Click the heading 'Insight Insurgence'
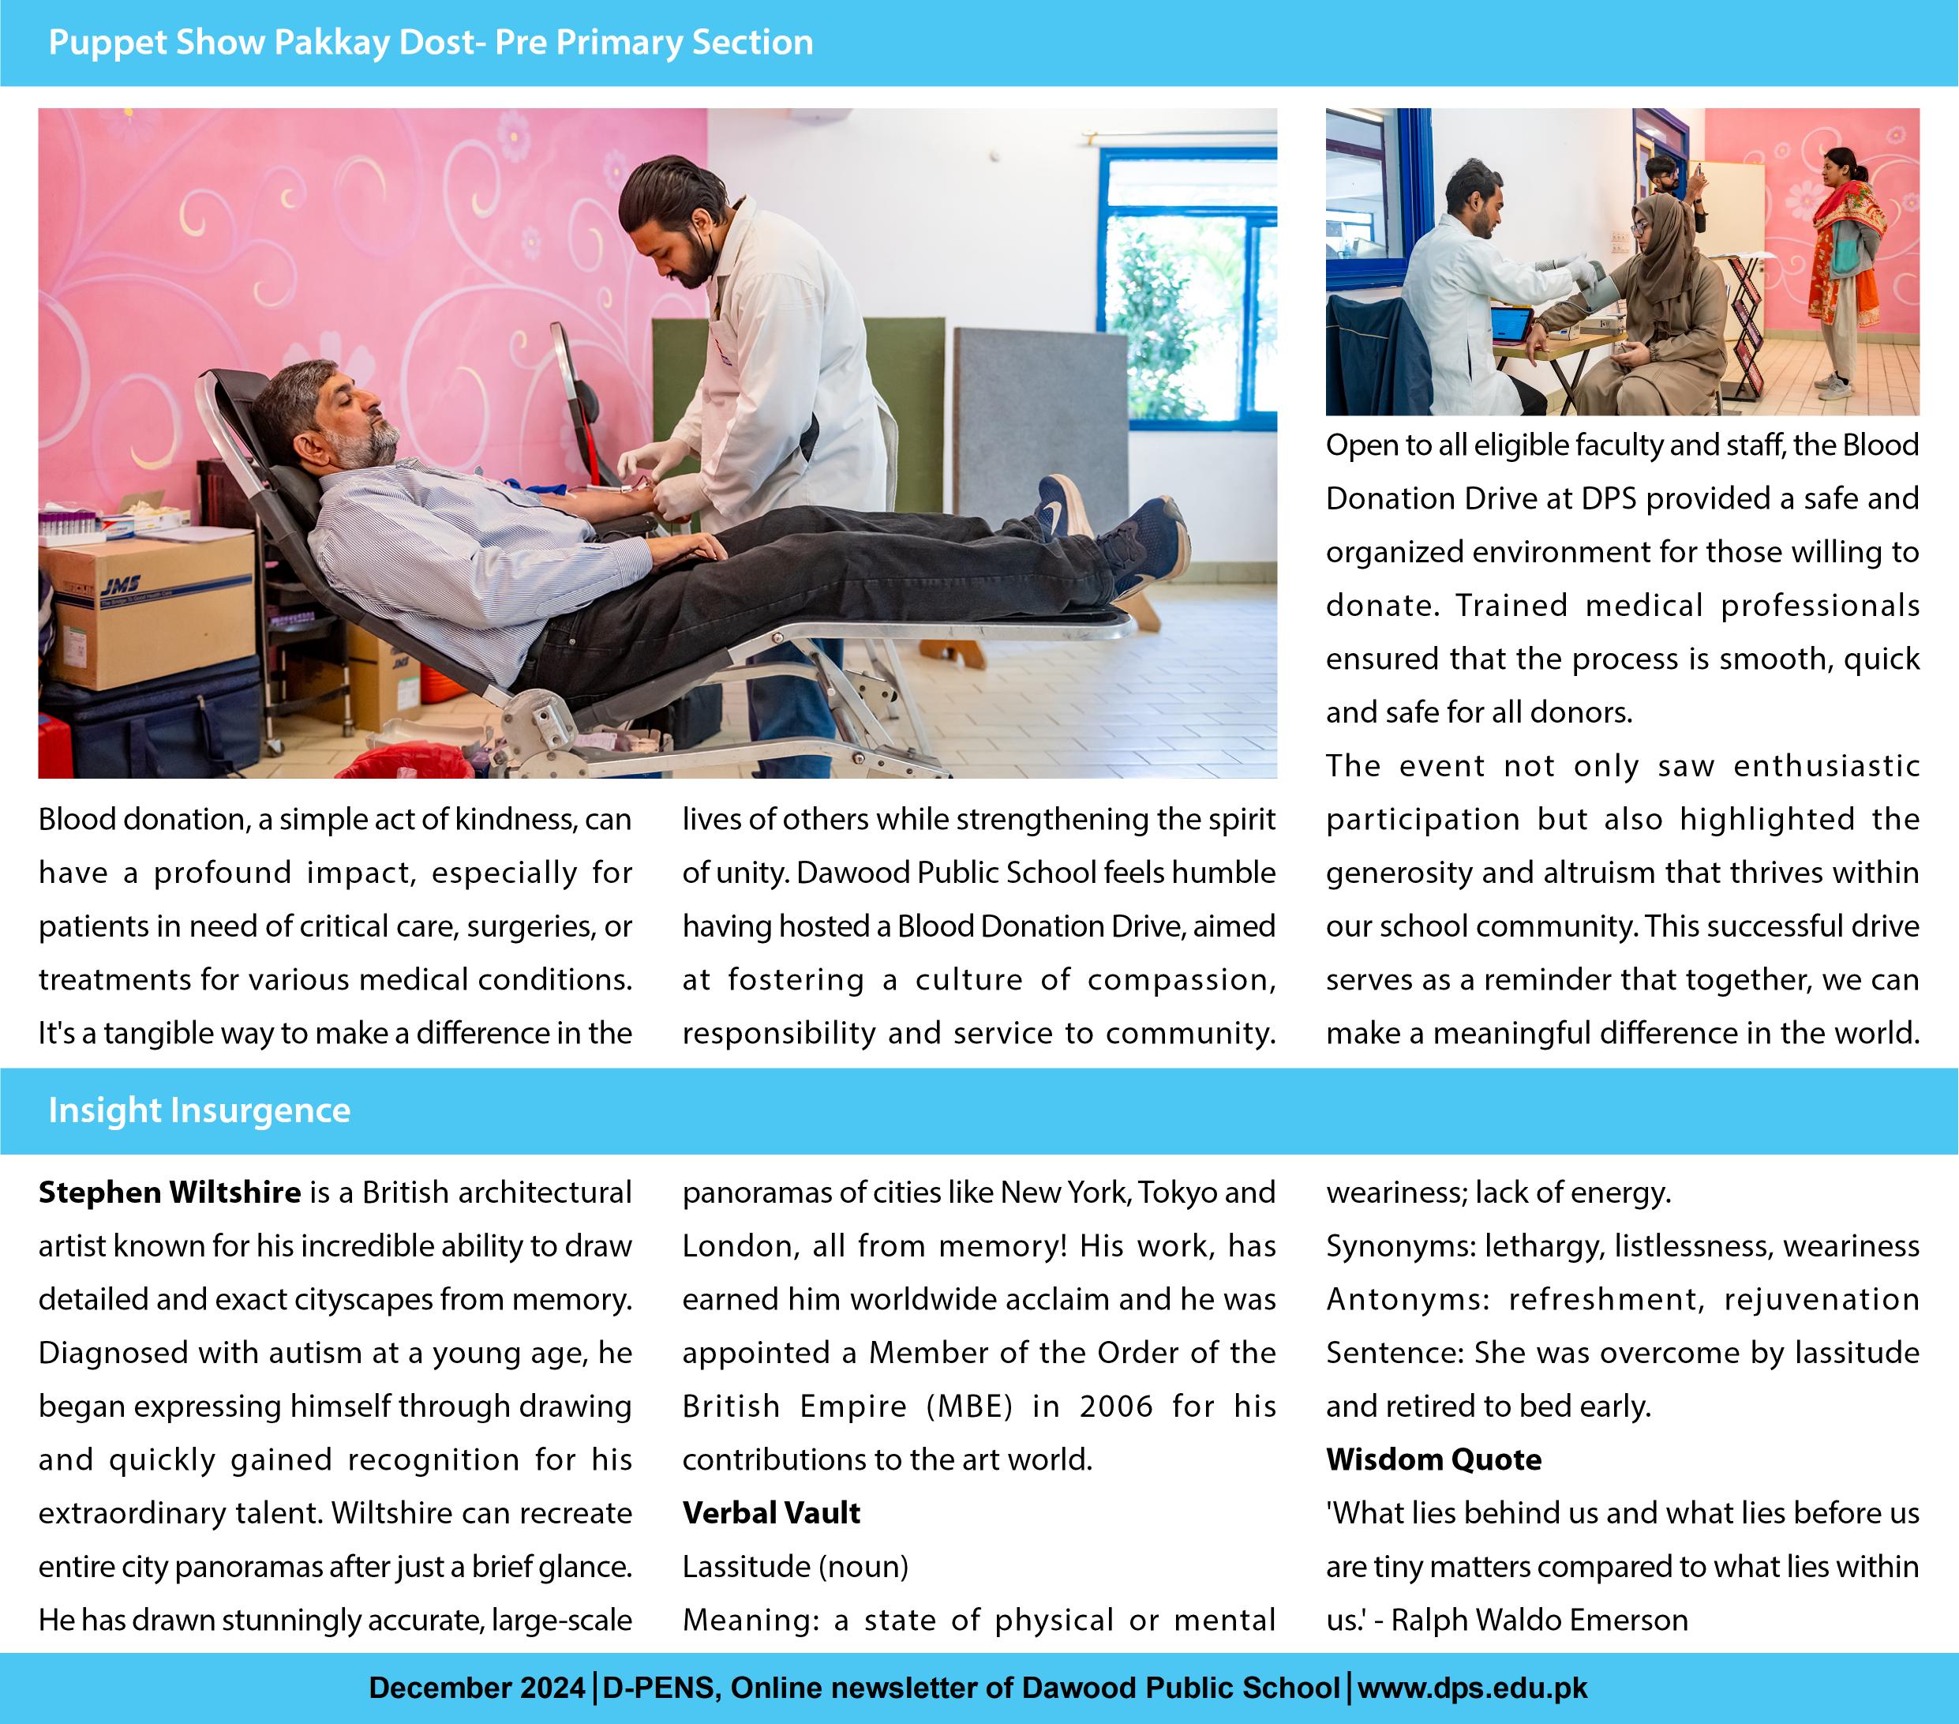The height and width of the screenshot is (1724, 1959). pos(200,1110)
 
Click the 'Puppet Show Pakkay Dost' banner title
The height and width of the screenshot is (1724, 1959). pos(430,42)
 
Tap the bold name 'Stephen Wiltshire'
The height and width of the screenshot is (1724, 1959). pos(170,1192)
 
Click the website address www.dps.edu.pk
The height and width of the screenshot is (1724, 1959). pos(1472,1688)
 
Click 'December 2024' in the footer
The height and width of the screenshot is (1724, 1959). pos(477,1688)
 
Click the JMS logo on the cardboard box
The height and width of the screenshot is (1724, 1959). pos(122,584)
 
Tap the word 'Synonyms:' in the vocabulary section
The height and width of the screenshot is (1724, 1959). pos(1400,1245)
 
